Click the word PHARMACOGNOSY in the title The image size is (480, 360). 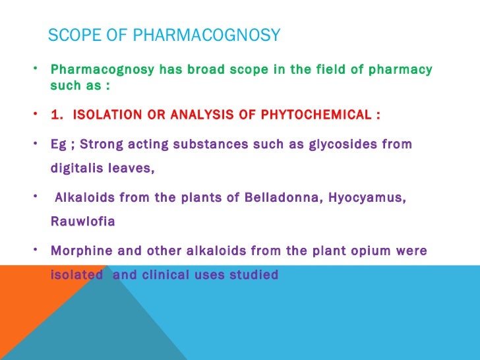(x=206, y=36)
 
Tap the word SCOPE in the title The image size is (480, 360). (x=73, y=36)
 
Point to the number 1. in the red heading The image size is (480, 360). (x=58, y=115)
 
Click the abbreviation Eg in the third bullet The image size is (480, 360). (x=58, y=144)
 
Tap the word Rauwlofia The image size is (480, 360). (x=82, y=222)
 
